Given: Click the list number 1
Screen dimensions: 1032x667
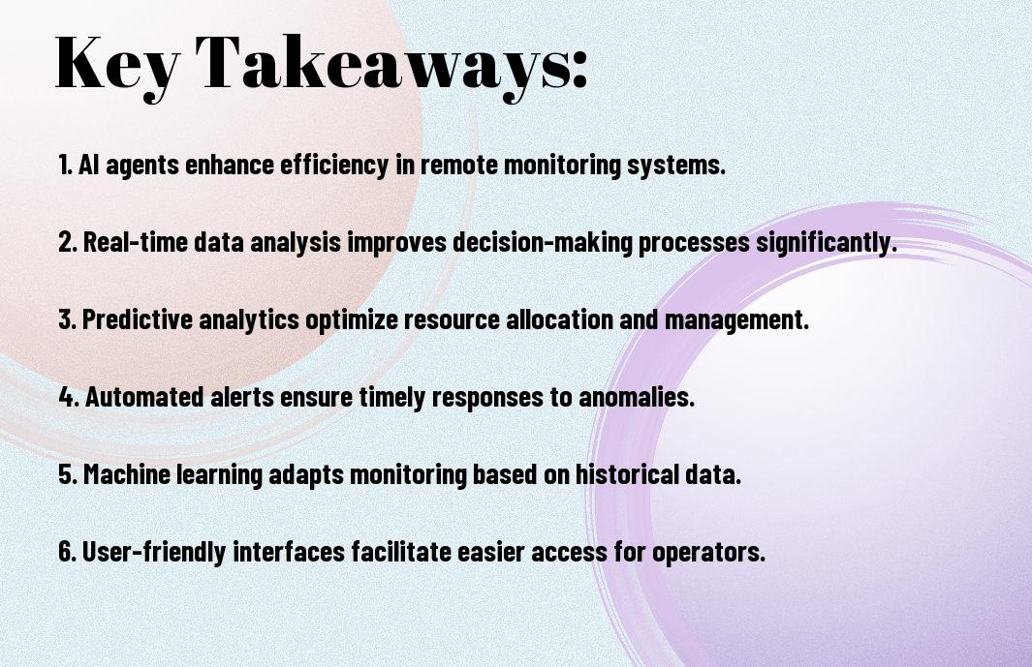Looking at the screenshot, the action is tap(65, 165).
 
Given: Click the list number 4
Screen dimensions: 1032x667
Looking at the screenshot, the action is tap(68, 397).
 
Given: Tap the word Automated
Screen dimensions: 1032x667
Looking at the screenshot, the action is tap(144, 397).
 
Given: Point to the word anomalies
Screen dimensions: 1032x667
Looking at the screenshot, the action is tap(637, 397).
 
